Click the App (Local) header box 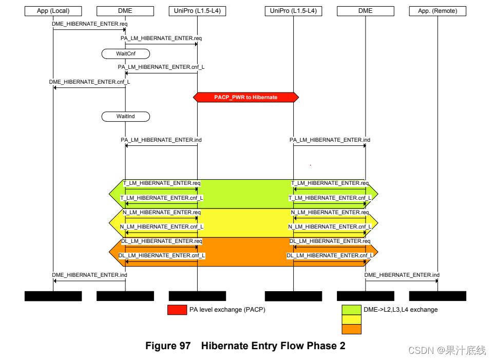pyautogui.click(x=53, y=10)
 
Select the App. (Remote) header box pyautogui.click(x=438, y=10)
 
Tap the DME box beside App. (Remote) pyautogui.click(x=366, y=10)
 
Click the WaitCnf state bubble pyautogui.click(x=125, y=53)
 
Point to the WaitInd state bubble pyautogui.click(x=125, y=117)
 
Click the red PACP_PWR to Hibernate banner pyautogui.click(x=245, y=97)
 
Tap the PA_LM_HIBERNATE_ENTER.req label pyautogui.click(x=161, y=38)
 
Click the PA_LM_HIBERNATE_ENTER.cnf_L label pyautogui.click(x=161, y=67)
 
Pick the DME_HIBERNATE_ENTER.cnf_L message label pyautogui.click(x=89, y=82)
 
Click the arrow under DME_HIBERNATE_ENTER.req pyautogui.click(x=89, y=29)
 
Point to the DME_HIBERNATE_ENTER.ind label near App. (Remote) pyautogui.click(x=402, y=275)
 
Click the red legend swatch pyautogui.click(x=177, y=310)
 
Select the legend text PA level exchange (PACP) pyautogui.click(x=227, y=310)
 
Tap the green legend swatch pyautogui.click(x=352, y=310)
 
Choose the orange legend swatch pyautogui.click(x=352, y=329)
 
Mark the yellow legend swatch pyautogui.click(x=352, y=319)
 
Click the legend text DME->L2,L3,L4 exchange pyautogui.click(x=401, y=310)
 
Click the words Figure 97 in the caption pyautogui.click(x=168, y=346)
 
